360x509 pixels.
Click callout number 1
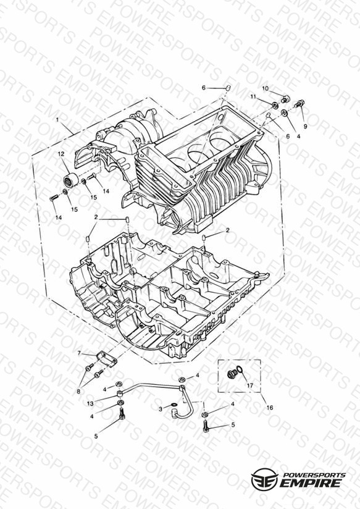pos(57,120)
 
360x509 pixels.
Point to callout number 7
pos(79,353)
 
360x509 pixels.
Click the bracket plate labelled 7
pos(107,359)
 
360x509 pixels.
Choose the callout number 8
pos(78,392)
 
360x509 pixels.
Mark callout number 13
pos(90,403)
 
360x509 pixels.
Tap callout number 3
pos(161,410)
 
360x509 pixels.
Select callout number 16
pos(269,408)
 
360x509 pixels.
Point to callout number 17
pos(249,385)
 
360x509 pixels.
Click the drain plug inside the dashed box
pos(232,374)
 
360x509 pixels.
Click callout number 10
pos(265,88)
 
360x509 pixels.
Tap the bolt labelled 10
pos(286,99)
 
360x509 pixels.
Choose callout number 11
pos(253,96)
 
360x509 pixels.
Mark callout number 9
pos(305,126)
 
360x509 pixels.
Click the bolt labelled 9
pos(299,104)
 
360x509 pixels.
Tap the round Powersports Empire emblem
pos(264,479)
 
